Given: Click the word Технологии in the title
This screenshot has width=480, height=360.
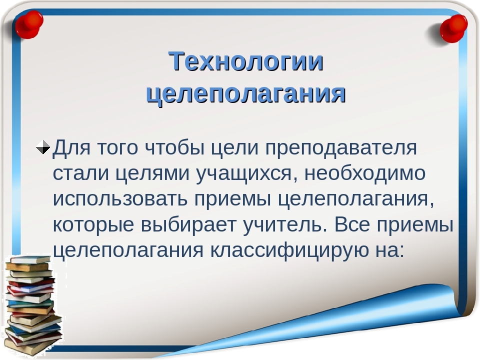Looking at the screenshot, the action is [x=246, y=61].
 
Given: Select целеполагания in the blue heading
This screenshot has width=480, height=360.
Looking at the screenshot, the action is [x=246, y=93].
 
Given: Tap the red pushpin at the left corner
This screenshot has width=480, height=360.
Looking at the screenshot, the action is [x=29, y=24].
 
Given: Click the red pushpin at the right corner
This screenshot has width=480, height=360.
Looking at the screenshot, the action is [x=452, y=28].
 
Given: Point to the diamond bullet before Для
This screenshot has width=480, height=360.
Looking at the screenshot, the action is [x=42, y=147].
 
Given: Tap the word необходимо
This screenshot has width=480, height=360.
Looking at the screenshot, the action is [x=365, y=173].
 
